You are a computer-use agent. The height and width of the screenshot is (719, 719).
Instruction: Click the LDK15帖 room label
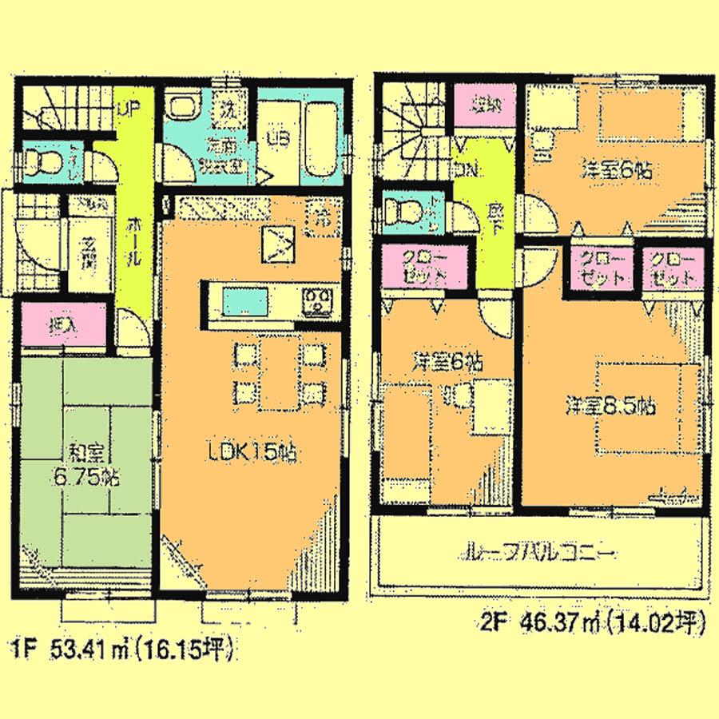250,452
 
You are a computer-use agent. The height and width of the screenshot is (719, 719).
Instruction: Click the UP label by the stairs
125,111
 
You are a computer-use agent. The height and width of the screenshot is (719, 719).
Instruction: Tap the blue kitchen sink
245,303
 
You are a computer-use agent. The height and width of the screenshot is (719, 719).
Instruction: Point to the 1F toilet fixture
50,161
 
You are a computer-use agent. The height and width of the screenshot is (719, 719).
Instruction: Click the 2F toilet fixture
402,212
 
